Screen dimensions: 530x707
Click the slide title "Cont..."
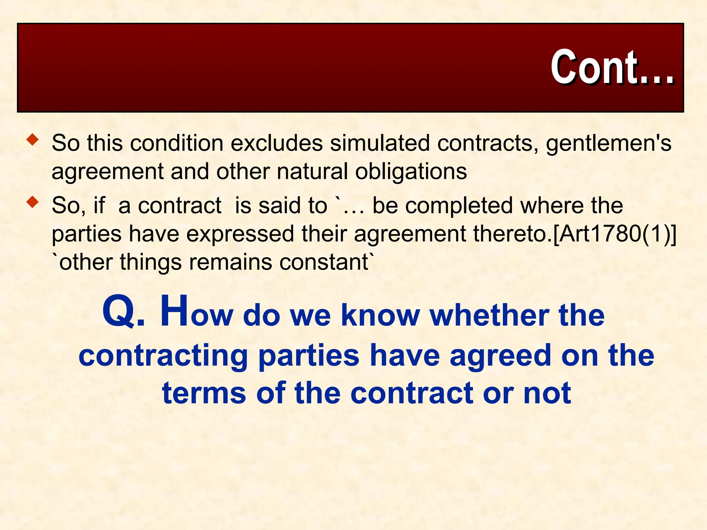612,67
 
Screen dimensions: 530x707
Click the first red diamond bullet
33,140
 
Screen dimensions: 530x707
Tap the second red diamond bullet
33,202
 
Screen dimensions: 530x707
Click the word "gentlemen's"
608,144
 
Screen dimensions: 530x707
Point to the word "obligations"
411,171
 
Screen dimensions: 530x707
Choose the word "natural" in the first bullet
312,171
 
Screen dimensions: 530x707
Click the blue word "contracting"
163,356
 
